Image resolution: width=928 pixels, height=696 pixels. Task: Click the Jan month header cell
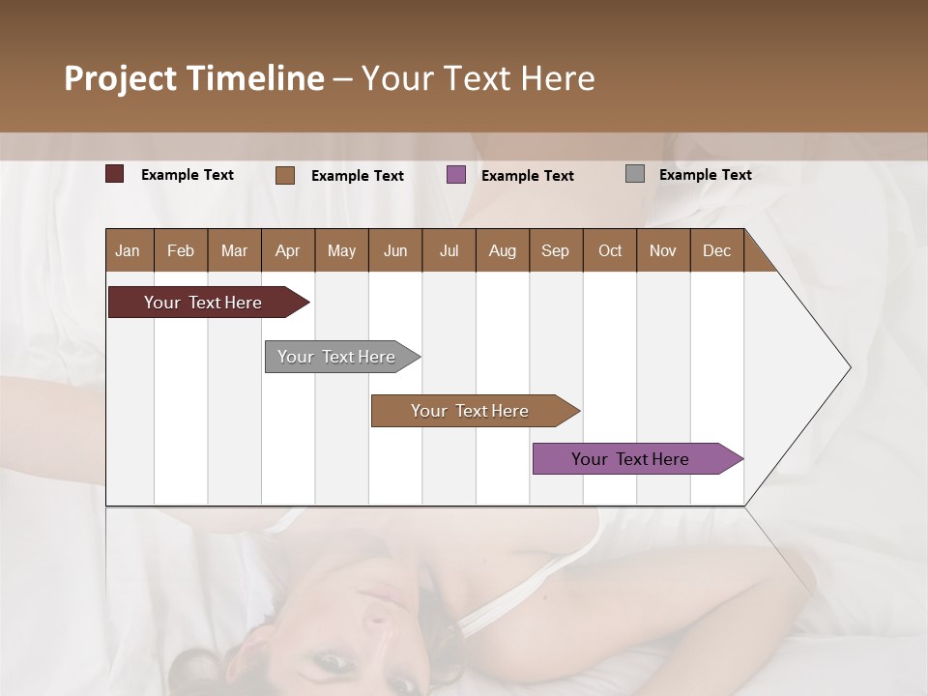[129, 250]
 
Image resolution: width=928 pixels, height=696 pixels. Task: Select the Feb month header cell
[181, 250]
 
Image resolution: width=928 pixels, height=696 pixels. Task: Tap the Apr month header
[288, 250]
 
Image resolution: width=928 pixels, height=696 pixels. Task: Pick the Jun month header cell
[395, 250]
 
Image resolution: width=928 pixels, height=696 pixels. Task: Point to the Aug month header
[503, 250]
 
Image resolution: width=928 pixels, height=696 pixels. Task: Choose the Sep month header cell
[556, 250]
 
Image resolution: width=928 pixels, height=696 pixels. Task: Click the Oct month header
[610, 250]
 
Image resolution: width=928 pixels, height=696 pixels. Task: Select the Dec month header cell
[717, 250]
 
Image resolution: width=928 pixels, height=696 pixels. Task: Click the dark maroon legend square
[115, 174]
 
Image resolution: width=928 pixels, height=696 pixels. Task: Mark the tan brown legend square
[285, 175]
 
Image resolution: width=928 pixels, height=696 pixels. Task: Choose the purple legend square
[456, 175]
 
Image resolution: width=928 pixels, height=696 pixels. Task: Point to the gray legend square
[635, 174]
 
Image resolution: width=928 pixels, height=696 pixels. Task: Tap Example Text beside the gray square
[705, 175]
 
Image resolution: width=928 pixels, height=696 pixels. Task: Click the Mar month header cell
[234, 250]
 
